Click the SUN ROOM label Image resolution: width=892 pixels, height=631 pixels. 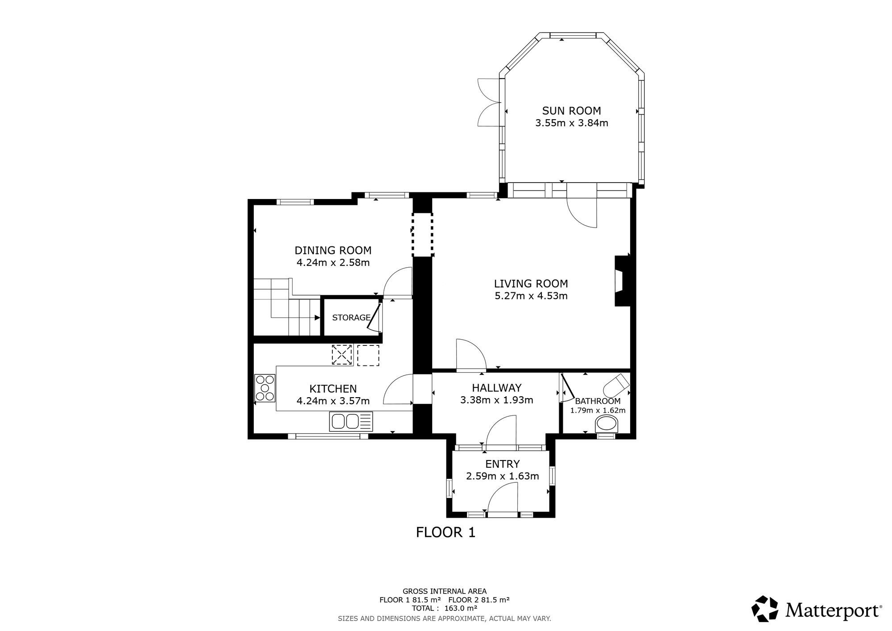coord(571,111)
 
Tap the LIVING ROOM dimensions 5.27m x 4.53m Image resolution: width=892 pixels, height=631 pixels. coord(531,296)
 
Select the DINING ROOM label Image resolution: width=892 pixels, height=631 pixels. coord(333,250)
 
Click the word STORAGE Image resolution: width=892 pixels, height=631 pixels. coord(351,318)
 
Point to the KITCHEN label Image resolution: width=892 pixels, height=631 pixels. coord(333,389)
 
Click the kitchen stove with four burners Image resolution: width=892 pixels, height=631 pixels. coord(264,388)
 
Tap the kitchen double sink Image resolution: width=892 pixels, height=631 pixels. coord(351,421)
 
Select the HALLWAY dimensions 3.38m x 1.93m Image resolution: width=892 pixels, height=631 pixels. coord(496,400)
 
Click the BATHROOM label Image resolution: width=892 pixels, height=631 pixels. coord(598,401)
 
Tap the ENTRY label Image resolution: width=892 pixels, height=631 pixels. coord(503,464)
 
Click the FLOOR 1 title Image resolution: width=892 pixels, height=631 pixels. coord(446,532)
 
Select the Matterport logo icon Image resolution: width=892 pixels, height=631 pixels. coord(765,609)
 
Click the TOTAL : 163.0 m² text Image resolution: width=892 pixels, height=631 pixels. coord(444,608)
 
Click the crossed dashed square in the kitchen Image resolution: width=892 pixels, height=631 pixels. coord(342,355)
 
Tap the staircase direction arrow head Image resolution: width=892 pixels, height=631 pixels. coord(318,318)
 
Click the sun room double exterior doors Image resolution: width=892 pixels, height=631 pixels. coord(490,103)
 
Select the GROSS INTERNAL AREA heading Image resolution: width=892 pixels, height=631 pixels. coord(444,591)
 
